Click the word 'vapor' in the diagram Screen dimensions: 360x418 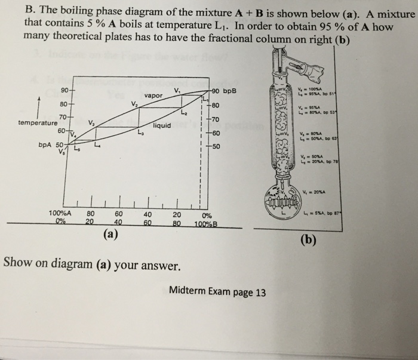click(154, 96)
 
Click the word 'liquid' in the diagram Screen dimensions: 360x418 click(162, 126)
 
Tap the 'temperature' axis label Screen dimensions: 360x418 click(38, 122)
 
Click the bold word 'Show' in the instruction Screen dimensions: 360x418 click(18, 262)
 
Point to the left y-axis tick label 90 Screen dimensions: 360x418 click(64, 90)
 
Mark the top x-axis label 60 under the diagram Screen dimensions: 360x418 click(119, 214)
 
